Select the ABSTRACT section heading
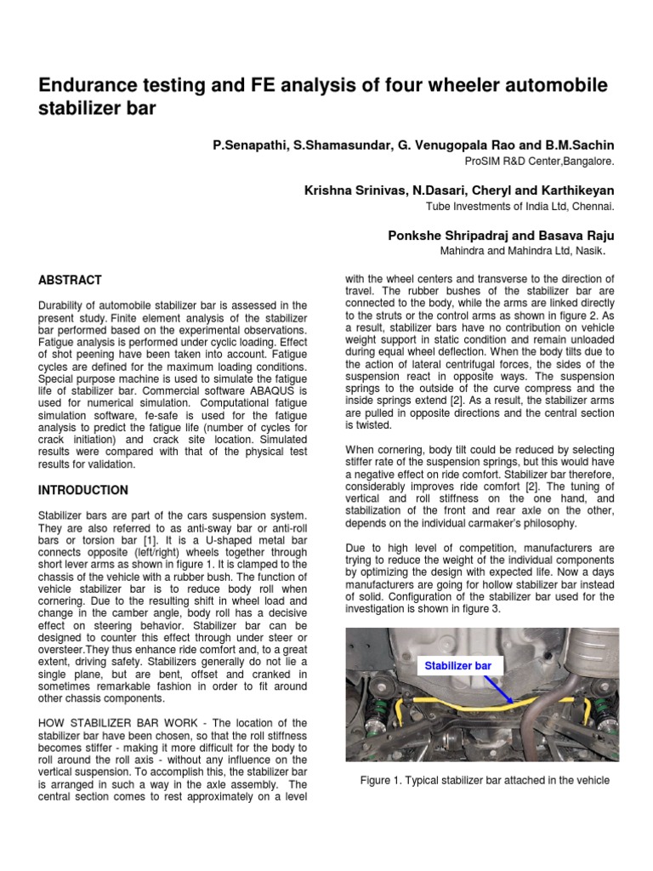[71, 280]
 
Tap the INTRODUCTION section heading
[83, 491]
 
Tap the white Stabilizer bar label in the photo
[457, 666]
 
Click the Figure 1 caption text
[485, 780]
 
